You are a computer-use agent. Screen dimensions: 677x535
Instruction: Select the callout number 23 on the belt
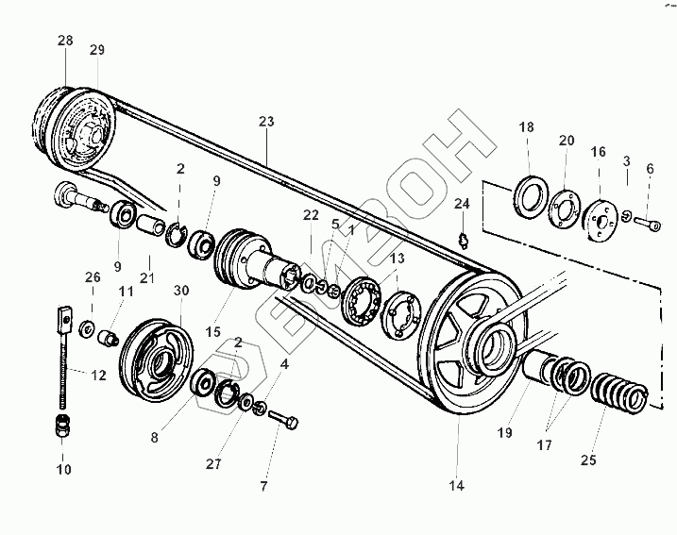(x=266, y=122)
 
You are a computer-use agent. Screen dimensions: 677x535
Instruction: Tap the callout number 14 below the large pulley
(x=456, y=487)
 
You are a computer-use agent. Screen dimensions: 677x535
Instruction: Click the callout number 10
(x=64, y=469)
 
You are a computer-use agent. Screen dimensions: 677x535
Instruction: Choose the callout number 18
(x=527, y=127)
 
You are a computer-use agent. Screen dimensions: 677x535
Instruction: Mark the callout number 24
(x=462, y=203)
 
